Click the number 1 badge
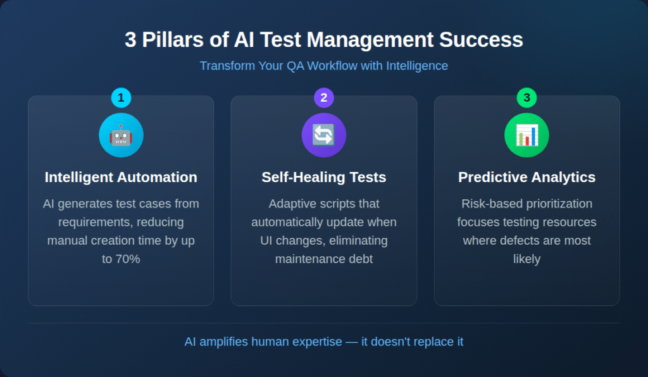[121, 98]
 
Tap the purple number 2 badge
[324, 98]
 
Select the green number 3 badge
[526, 98]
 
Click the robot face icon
[121, 135]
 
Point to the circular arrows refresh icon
[323, 135]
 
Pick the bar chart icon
[527, 135]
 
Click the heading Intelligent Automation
[121, 177]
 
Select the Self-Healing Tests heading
[324, 177]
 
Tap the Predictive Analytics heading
[527, 177]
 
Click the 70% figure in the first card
[128, 259]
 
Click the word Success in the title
[481, 40]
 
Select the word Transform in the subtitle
[227, 66]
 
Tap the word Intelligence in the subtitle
[417, 66]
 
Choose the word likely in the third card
[527, 259]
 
